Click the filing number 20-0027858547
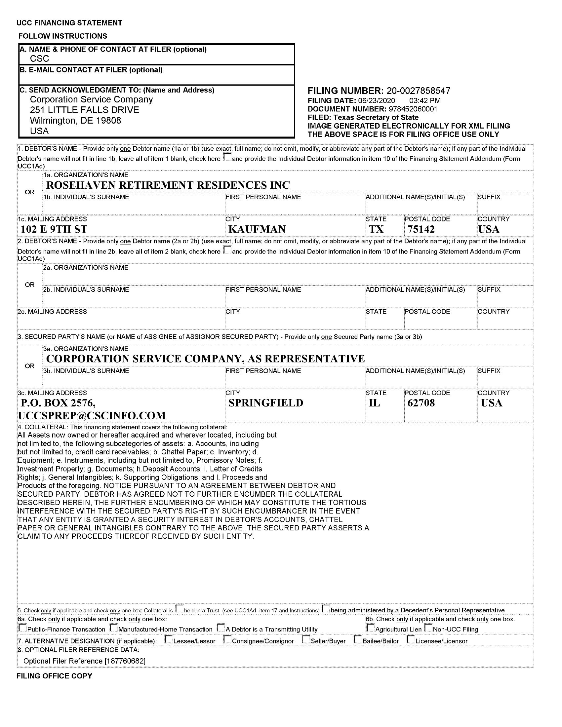point(418,91)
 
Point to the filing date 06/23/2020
point(376,100)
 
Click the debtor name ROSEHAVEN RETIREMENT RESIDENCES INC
point(168,185)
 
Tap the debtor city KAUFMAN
point(257,229)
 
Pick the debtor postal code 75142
point(421,229)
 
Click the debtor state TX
point(376,229)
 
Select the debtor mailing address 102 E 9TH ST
point(54,229)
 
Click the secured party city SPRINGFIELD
point(266,403)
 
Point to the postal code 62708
point(421,403)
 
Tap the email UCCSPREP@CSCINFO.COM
point(92,415)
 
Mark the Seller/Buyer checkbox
point(306,639)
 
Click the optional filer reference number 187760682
point(125,661)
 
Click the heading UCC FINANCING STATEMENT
point(69,23)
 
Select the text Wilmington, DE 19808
point(75,121)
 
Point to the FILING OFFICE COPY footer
point(54,676)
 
